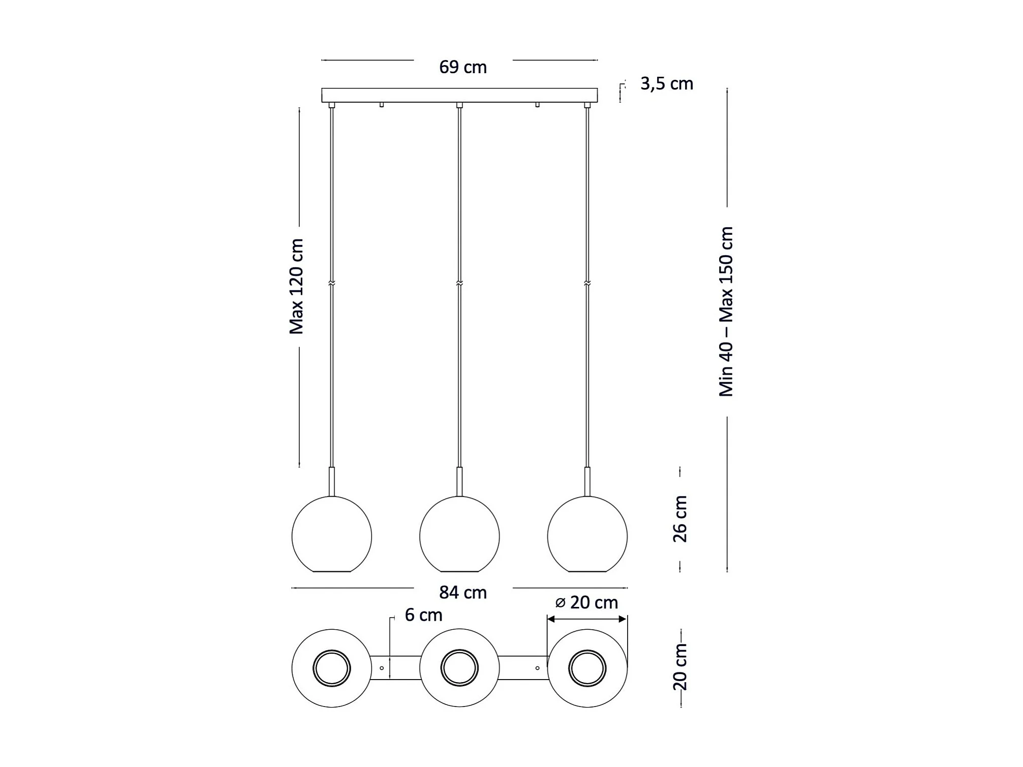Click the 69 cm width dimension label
tap(462, 67)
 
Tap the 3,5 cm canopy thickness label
tap(666, 84)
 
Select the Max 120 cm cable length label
tap(296, 287)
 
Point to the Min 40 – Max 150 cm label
tap(726, 312)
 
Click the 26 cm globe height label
tap(680, 519)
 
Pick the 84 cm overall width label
tap(462, 593)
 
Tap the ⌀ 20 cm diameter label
tap(586, 603)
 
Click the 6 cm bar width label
tap(423, 615)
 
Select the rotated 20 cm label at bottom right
tap(680, 667)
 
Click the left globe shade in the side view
tap(332, 535)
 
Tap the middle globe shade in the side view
tap(459, 535)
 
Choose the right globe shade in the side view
tap(587, 535)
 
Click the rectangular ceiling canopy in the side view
tap(459, 95)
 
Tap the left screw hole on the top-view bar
tap(382, 668)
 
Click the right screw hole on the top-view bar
tap(537, 668)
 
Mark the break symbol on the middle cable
tap(459, 283)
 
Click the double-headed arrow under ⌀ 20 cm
tap(586, 619)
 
